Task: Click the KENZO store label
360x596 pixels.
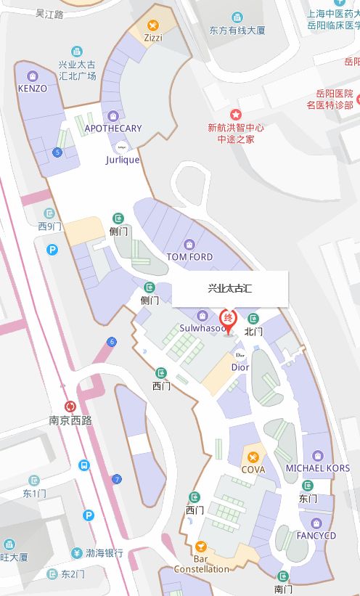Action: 32,89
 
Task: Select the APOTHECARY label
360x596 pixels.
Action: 112,128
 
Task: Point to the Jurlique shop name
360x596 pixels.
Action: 122,160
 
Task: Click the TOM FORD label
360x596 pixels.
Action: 189,257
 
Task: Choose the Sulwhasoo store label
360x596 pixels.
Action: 202,328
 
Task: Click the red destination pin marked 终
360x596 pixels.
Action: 229,321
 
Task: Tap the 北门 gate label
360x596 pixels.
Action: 253,331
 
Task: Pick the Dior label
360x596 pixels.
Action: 240,367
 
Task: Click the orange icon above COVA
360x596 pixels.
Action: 253,457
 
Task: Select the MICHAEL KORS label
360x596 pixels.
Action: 317,468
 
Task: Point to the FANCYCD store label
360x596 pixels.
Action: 316,536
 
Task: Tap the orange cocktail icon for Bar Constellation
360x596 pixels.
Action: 201,546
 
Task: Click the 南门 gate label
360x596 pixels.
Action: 283,588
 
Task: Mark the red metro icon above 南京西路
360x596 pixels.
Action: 70,407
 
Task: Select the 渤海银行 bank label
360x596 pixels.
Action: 105,553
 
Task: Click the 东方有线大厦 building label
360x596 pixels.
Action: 237,30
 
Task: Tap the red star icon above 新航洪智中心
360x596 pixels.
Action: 235,115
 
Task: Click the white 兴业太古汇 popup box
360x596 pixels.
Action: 230,288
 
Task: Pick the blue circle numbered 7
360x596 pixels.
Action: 117,479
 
